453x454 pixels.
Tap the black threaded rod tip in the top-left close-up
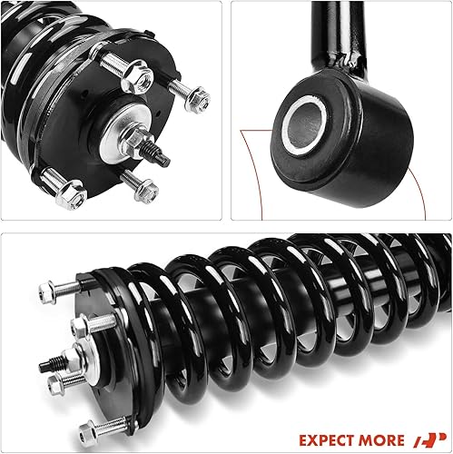160,155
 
